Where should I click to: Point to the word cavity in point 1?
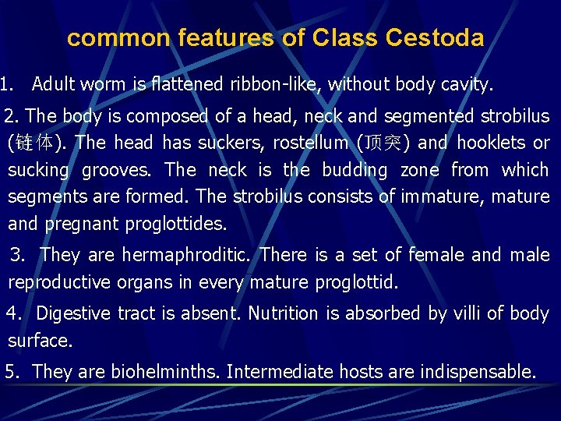pos(466,83)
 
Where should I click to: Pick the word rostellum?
pos(310,143)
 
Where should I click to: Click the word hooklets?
pos(492,143)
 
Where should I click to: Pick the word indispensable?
pos(478,372)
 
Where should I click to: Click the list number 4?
pos(12,313)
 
